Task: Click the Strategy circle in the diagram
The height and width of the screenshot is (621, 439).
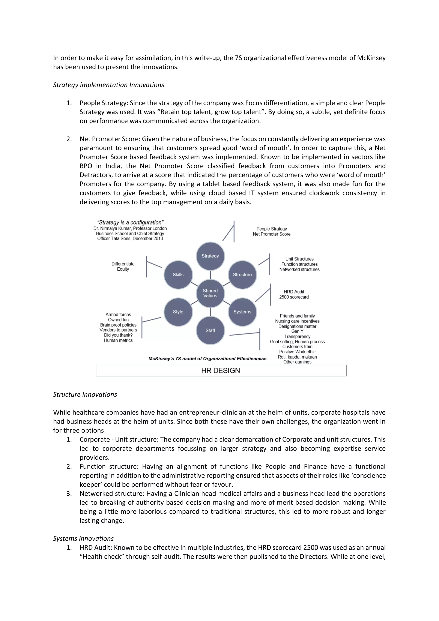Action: (x=210, y=256)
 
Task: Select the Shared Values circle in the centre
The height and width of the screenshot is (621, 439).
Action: (x=210, y=293)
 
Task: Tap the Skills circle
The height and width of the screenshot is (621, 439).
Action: (x=178, y=274)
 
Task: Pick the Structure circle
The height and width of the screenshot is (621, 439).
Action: (x=242, y=274)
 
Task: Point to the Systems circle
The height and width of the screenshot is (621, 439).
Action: (x=242, y=312)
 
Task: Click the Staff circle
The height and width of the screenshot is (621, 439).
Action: (x=210, y=330)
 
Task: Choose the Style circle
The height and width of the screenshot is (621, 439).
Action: (x=178, y=312)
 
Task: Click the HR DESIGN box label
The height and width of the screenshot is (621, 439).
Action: (x=221, y=371)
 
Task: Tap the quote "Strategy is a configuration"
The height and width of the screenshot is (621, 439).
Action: (x=130, y=223)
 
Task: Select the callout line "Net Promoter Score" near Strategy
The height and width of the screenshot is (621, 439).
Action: (x=272, y=234)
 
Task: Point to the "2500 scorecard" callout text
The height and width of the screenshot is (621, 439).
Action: (x=294, y=297)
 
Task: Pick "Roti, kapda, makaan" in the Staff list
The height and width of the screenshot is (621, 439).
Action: (x=297, y=357)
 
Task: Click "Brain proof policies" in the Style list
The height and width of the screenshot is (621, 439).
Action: (x=118, y=325)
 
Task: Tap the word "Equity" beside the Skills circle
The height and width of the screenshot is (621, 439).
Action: (x=123, y=269)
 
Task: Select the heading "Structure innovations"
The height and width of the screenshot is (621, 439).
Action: (x=85, y=394)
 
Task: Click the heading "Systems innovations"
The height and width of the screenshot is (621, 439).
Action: (x=83, y=538)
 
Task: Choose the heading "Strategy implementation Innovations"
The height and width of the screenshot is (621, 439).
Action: (x=108, y=85)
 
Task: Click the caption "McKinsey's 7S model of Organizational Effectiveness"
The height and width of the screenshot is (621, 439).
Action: (x=207, y=359)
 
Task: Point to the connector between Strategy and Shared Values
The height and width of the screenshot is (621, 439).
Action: (x=210, y=275)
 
